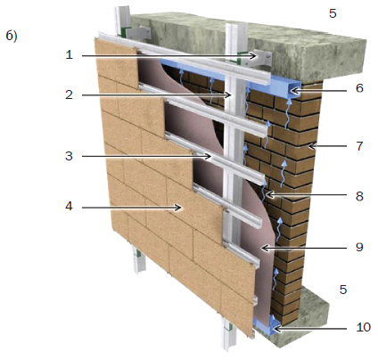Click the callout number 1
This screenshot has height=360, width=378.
coord(70,55)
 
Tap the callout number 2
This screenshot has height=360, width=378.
coord(69,94)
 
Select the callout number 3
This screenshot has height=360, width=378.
coord(69,156)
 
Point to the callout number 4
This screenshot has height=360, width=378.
coord(69,206)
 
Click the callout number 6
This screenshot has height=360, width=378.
coord(359,88)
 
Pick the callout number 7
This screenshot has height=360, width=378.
coord(359,146)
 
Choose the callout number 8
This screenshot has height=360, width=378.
coord(359,196)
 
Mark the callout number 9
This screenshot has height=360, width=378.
coord(359,247)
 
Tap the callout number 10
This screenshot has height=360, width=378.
coord(363,327)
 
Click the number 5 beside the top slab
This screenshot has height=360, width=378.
coord(333,13)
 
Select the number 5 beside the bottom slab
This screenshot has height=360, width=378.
coord(343,290)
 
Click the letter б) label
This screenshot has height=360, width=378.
coord(12,36)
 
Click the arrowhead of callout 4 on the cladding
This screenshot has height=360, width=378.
coord(178,208)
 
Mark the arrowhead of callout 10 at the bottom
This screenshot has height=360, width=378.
coord(276,329)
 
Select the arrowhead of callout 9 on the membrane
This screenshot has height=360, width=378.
coord(264,248)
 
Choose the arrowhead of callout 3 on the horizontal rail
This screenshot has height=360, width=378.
coord(209,156)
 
